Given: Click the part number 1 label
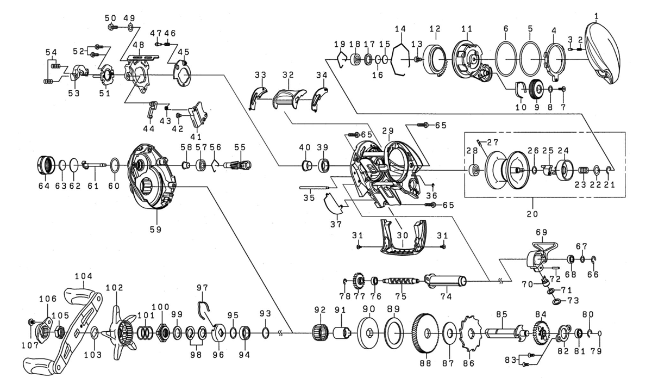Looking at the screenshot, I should [596, 17].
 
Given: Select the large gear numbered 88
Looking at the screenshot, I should [425, 333].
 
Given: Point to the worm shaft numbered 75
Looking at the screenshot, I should [400, 281].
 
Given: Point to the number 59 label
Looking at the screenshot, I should [156, 230].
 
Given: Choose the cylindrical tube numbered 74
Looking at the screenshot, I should [446, 281].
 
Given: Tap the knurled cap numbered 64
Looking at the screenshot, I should [45, 163].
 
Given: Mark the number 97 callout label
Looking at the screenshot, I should [202, 287].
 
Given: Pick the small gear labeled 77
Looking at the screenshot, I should [359, 281].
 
